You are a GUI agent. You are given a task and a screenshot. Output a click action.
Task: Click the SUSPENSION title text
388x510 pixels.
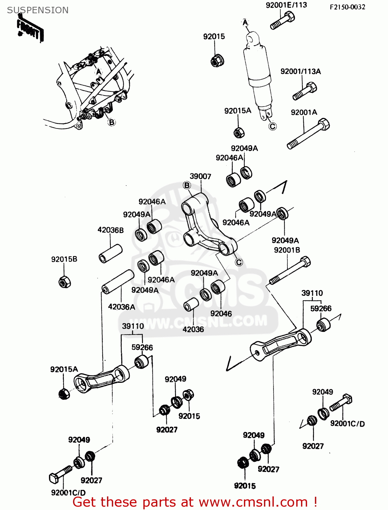pyautogui.click(x=38, y=10)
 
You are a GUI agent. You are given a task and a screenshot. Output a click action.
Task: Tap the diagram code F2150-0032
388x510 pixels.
pyautogui.click(x=347, y=7)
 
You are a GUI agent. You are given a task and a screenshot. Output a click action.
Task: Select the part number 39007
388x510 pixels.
pyautogui.click(x=200, y=176)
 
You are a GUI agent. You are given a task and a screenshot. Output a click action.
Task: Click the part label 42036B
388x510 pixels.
pyautogui.click(x=110, y=230)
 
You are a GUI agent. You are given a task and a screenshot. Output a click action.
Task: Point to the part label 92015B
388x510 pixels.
pyautogui.click(x=64, y=259)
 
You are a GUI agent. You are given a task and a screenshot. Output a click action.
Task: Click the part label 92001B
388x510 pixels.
pyautogui.click(x=287, y=250)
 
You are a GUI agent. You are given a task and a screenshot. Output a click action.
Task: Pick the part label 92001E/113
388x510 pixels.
pyautogui.click(x=286, y=5)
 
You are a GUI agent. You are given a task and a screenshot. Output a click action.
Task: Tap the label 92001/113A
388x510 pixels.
pyautogui.click(x=301, y=71)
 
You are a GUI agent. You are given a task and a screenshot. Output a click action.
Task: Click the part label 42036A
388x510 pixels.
pyautogui.click(x=122, y=307)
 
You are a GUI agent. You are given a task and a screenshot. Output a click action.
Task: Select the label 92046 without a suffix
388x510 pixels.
pyautogui.click(x=221, y=313)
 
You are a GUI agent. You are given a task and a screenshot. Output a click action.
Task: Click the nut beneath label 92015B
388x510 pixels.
pyautogui.click(x=64, y=282)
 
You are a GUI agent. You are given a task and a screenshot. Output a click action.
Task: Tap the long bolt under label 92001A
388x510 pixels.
pyautogui.click(x=308, y=134)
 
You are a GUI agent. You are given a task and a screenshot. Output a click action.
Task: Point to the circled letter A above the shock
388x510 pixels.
pyautogui.click(x=245, y=23)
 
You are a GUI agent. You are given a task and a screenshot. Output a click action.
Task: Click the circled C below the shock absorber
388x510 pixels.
pyautogui.click(x=272, y=126)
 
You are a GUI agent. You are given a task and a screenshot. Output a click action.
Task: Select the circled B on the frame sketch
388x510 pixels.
pyautogui.click(x=112, y=122)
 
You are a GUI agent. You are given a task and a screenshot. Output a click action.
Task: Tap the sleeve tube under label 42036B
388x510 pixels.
pyautogui.click(x=110, y=253)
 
